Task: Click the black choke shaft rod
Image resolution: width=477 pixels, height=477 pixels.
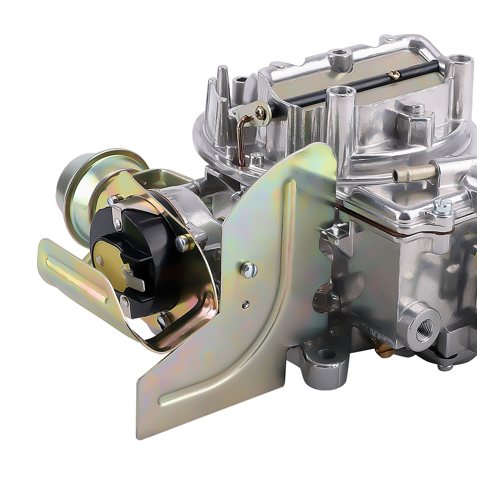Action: click(343, 86)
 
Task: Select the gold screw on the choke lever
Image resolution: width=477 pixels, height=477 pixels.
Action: click(260, 114)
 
